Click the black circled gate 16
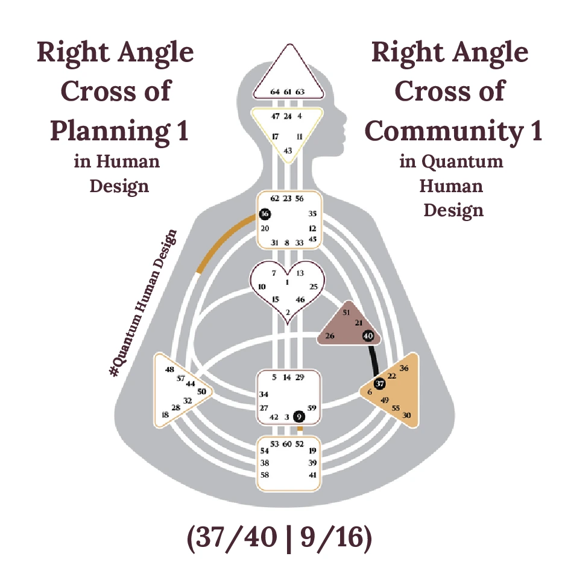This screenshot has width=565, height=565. point(265,214)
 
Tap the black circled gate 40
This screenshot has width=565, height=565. point(369,336)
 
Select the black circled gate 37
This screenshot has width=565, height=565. point(379,383)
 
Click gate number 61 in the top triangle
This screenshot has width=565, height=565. point(288,92)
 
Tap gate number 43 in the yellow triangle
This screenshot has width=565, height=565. point(288,150)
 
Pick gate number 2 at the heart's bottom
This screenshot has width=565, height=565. point(288,312)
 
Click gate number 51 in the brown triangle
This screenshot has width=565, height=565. point(346,313)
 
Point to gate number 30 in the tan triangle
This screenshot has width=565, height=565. point(406,415)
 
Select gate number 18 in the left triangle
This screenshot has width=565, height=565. point(165,415)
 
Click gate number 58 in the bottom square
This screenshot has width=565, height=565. point(264,475)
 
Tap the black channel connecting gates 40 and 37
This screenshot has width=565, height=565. point(375,360)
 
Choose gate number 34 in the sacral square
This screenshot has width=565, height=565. point(264,395)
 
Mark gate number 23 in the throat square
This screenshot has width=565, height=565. point(287,198)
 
